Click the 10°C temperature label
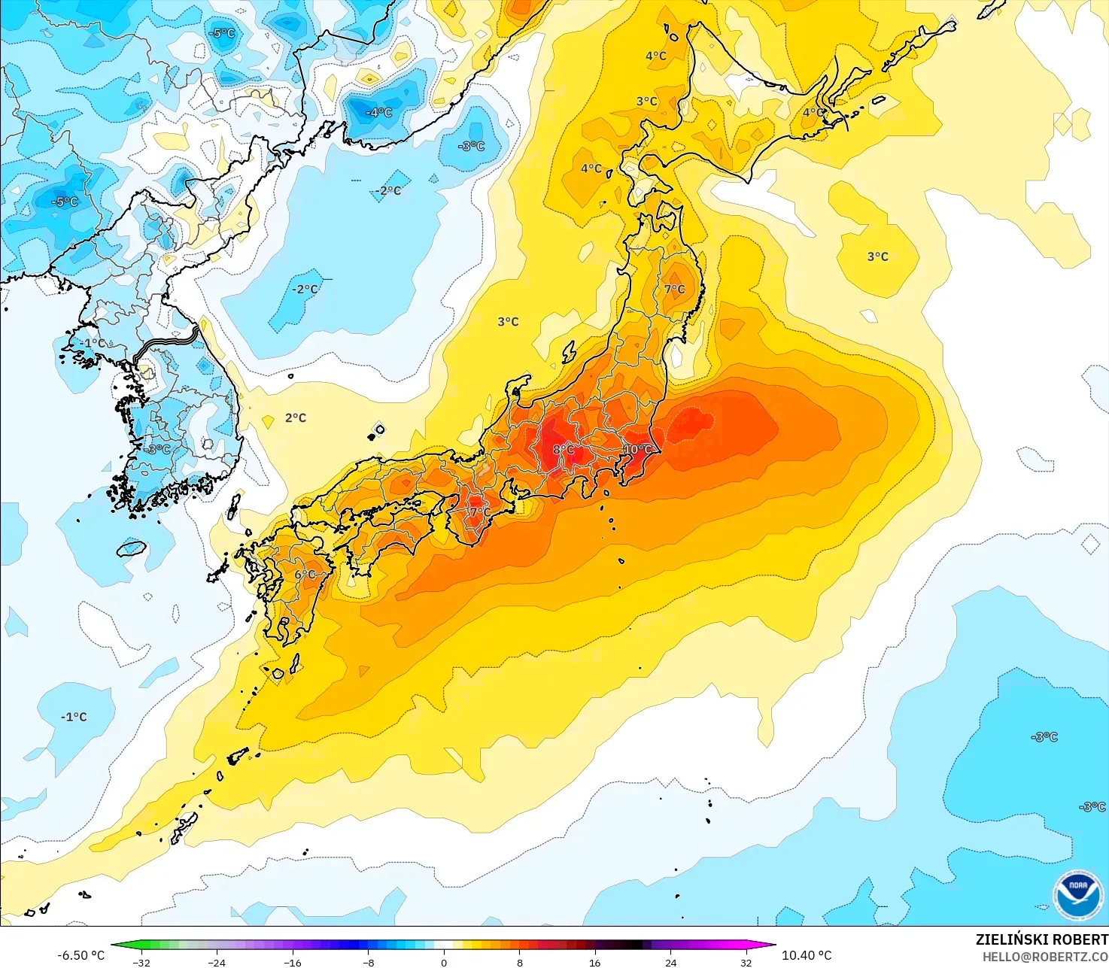[x=638, y=450]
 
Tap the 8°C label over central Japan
[x=564, y=450]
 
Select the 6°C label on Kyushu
[x=305, y=575]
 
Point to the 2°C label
[x=296, y=418]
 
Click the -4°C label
[x=379, y=113]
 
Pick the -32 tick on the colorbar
[x=141, y=963]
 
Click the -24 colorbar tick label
[x=217, y=963]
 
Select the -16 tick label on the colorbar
[x=293, y=963]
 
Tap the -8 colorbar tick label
[x=369, y=963]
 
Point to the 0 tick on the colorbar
[x=444, y=963]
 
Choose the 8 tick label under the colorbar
[x=520, y=963]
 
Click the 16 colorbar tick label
[x=595, y=963]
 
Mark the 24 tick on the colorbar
[x=671, y=963]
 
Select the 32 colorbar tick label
[x=746, y=963]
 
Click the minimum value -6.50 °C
[x=81, y=955]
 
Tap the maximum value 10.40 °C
[x=807, y=955]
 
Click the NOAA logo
[x=1077, y=894]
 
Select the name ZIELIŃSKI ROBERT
[x=1041, y=939]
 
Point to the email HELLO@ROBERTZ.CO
[x=1045, y=957]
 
